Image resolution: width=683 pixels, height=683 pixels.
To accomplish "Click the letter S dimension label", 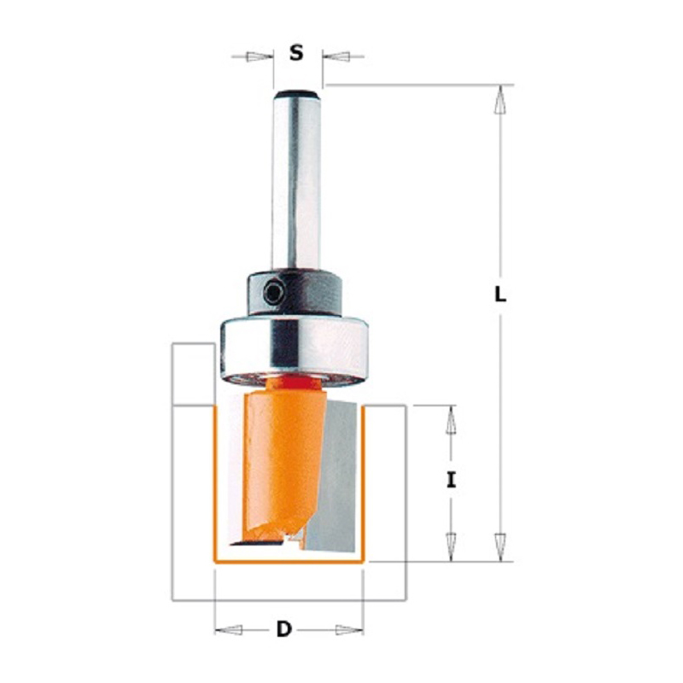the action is (x=296, y=53).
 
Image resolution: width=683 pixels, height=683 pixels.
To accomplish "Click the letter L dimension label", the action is (x=500, y=295).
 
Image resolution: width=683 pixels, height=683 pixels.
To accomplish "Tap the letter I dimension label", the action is (x=452, y=481).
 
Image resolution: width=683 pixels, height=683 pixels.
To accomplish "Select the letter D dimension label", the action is (x=283, y=629).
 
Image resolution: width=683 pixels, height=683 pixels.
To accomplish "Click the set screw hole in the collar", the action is (x=274, y=293).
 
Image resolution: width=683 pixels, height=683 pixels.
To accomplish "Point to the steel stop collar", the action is (x=295, y=293).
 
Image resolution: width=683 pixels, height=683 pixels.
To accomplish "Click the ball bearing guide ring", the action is (x=294, y=352).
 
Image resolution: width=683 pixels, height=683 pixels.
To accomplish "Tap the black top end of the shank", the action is (x=297, y=94).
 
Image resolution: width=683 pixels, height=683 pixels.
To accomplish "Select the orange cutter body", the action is (x=283, y=462).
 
